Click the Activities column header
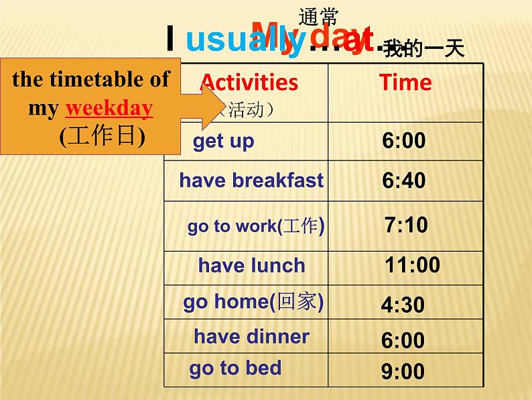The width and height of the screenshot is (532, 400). [x=249, y=83]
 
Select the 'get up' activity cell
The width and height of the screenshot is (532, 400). [x=224, y=142]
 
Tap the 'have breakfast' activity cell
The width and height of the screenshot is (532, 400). [x=251, y=180]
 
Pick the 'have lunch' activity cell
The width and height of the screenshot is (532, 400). [x=251, y=265]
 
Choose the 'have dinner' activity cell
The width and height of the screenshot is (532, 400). [x=251, y=336]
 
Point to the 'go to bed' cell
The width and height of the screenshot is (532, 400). [x=235, y=368]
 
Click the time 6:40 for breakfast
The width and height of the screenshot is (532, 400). [x=404, y=181]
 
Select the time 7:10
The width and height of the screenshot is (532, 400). [x=406, y=225]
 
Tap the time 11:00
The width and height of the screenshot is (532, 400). [x=412, y=265]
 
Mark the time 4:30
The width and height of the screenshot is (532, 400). [x=403, y=305]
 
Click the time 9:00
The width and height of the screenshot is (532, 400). [x=403, y=371]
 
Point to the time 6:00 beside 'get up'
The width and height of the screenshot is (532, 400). [x=404, y=141]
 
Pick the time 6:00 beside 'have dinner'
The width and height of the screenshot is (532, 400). [x=403, y=340]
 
